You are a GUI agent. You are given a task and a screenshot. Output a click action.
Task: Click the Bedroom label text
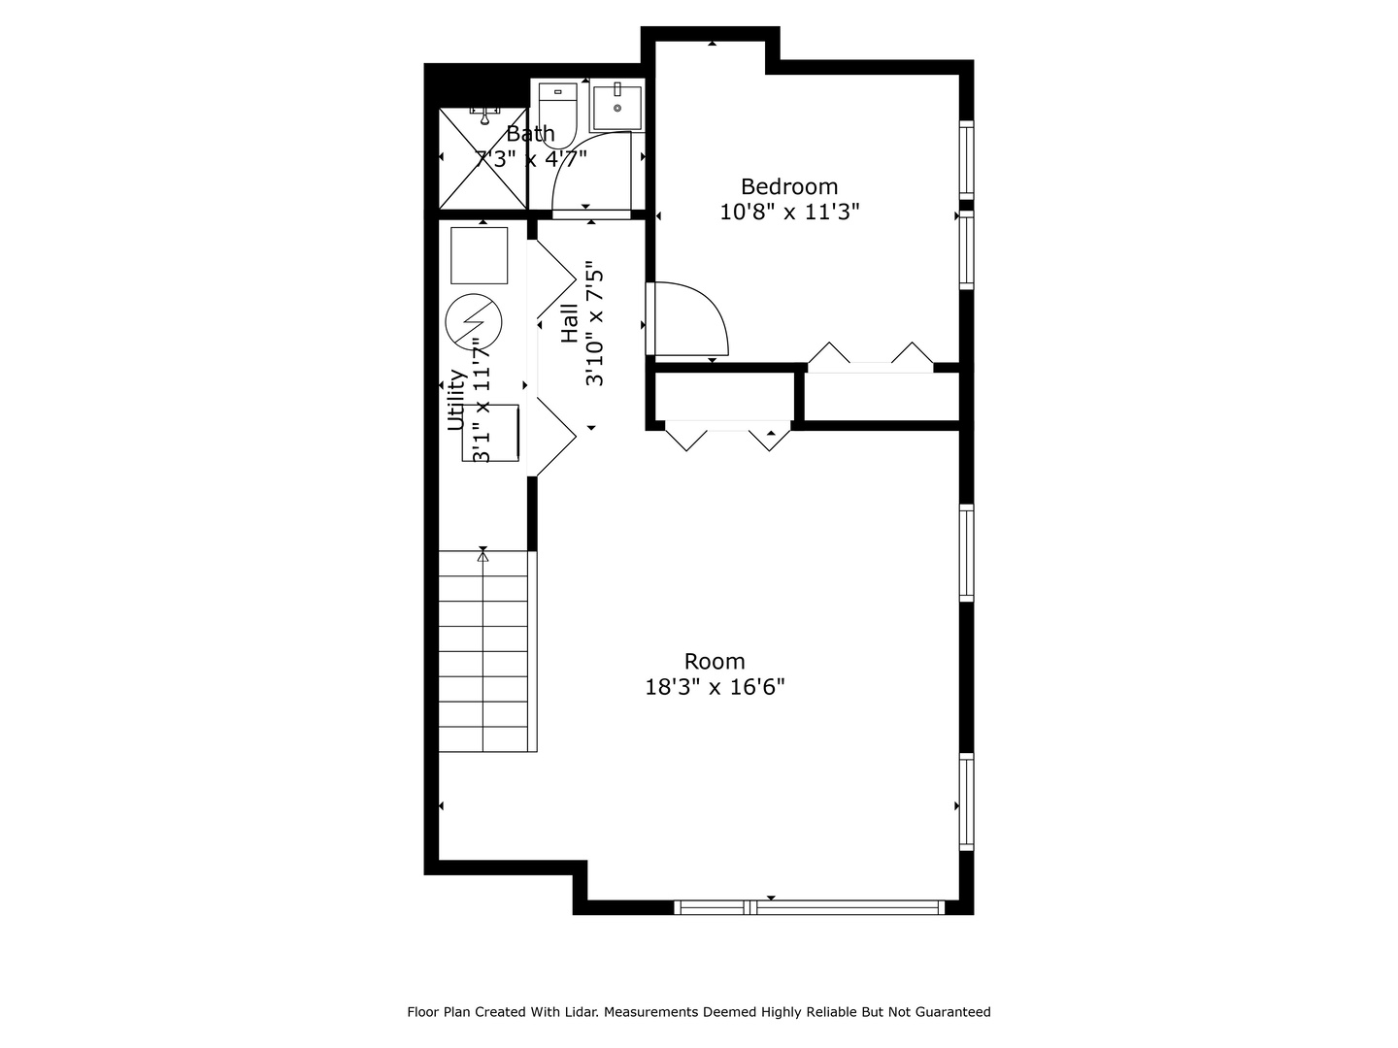pos(788,186)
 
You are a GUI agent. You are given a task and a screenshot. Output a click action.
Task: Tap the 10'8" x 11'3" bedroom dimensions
pos(789,212)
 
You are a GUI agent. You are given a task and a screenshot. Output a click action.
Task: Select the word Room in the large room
pos(714,662)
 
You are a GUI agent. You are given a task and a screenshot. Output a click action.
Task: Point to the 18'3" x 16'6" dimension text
pos(715,687)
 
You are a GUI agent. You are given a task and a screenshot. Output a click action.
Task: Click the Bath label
pos(530,134)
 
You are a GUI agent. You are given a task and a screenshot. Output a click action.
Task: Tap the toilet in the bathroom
pos(557,115)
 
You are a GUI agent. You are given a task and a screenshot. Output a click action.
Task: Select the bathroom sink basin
pos(617,106)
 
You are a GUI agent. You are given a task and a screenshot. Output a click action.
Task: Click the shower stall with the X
pos(483,158)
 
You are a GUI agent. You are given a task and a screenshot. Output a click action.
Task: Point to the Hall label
pos(569,323)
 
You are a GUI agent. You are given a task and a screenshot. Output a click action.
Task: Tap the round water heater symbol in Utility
pos(473,321)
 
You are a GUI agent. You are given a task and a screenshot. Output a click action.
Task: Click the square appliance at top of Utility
pos(479,255)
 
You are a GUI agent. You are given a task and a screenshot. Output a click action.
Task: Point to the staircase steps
pos(483,651)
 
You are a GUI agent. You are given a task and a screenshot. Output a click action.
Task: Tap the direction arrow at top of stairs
pos(483,556)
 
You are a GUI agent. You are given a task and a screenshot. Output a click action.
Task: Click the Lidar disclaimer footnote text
pos(699,1012)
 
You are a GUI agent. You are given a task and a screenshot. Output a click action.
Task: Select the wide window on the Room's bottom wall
pos(810,906)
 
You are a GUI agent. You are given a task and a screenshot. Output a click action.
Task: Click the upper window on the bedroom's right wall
pos(966,160)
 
